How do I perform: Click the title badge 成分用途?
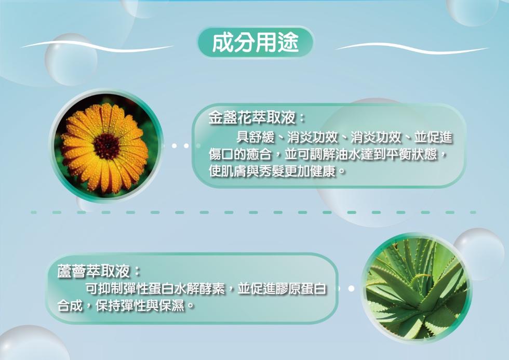tap(256, 43)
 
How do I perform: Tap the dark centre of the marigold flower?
tap(106, 146)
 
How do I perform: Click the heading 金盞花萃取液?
tap(252, 118)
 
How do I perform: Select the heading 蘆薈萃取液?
tap(94, 271)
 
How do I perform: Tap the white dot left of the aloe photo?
tap(351, 288)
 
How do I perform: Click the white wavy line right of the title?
tap(411, 48)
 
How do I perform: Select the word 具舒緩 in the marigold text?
tap(256, 138)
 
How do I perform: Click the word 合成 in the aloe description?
tap(70, 305)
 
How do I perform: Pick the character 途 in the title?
tap(288, 43)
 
